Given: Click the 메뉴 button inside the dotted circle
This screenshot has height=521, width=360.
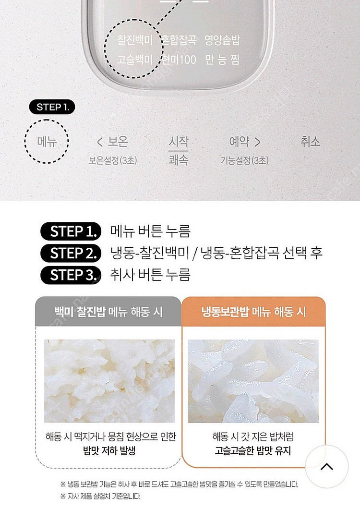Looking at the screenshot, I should [x=47, y=142].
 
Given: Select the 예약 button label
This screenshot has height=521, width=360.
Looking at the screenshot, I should [x=244, y=142].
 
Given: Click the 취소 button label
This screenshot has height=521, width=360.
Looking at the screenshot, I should [x=310, y=142].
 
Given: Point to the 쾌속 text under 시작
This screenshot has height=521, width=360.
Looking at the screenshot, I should [x=179, y=159].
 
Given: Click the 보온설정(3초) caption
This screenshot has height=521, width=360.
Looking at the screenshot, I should [x=112, y=160].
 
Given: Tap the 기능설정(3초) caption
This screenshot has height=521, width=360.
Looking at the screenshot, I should [x=244, y=160].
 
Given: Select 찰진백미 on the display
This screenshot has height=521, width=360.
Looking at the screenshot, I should [x=135, y=40].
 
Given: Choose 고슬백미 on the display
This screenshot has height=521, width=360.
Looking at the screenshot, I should [x=135, y=60].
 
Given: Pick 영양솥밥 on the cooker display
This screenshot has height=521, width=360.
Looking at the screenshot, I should [x=222, y=40].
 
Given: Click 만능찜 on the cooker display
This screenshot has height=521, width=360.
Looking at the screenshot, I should [x=222, y=60].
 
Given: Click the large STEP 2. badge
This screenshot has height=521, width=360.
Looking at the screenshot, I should [x=71, y=253].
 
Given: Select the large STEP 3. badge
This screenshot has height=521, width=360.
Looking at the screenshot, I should [x=71, y=275].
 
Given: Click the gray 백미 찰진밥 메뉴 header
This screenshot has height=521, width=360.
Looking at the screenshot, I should [x=108, y=312].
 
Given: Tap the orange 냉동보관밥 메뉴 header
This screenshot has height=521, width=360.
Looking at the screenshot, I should [x=253, y=312].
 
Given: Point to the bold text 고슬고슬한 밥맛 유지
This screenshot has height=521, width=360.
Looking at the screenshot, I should [x=253, y=451].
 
